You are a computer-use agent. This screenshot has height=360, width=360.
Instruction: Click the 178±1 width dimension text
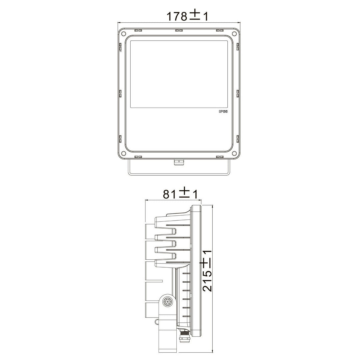(x=187, y=16)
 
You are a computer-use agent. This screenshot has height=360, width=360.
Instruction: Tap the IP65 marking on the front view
(x=223, y=112)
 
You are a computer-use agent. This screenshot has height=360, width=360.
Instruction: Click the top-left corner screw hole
(x=123, y=34)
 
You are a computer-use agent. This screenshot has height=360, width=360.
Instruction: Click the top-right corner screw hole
(x=234, y=34)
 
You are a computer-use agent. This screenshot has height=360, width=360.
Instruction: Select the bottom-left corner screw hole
(x=123, y=153)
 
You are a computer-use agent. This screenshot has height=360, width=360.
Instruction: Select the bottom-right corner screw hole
(x=234, y=153)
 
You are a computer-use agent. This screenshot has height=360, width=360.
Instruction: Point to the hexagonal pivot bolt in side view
(x=167, y=301)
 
